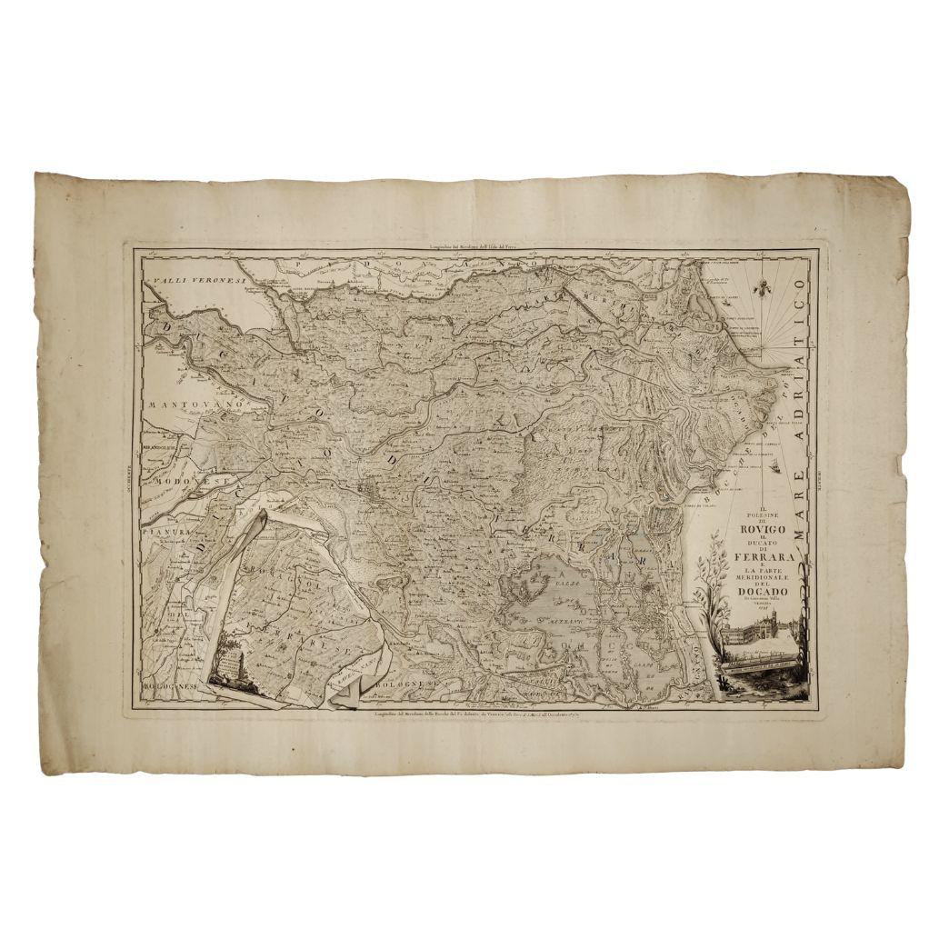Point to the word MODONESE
tap(185, 479)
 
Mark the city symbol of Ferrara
tap(371, 492)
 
